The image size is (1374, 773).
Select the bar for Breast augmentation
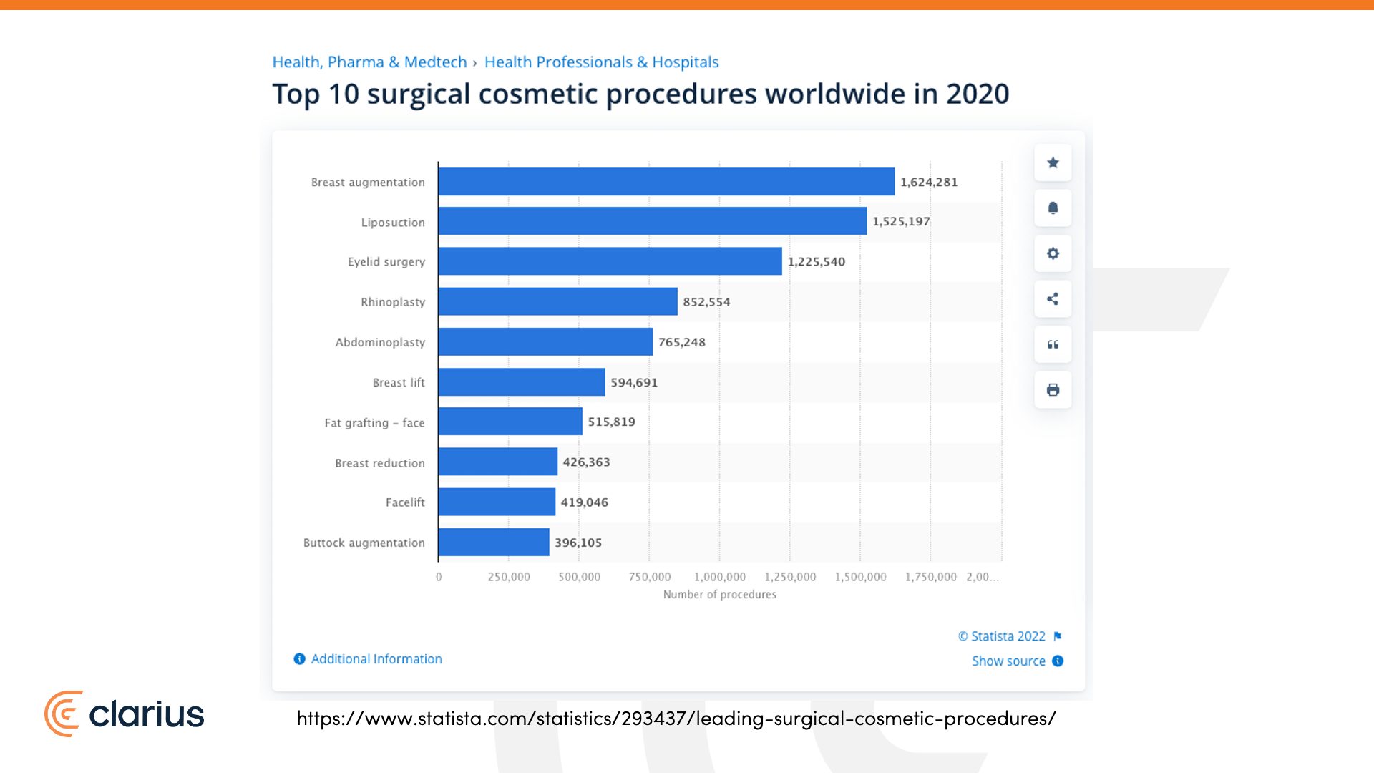tap(666, 182)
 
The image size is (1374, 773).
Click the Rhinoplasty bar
tap(557, 301)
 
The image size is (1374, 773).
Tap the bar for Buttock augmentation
tap(494, 543)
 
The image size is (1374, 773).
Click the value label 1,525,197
tap(901, 221)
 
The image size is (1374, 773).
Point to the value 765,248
tap(681, 342)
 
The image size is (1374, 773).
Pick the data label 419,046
tap(584, 502)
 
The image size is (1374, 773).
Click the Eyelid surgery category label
tap(386, 262)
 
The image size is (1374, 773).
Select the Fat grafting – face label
tap(374, 423)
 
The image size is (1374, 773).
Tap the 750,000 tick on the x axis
tap(649, 577)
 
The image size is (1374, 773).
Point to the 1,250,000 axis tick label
tap(789, 577)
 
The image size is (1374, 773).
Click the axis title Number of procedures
tap(719, 595)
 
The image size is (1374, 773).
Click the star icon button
tap(1053, 162)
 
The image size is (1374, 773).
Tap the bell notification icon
tap(1053, 208)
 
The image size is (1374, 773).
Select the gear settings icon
tap(1053, 253)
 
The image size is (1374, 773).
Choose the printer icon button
tap(1053, 390)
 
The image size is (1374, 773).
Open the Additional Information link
tap(376, 659)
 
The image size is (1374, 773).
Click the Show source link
tap(1008, 661)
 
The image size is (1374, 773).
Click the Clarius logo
tap(125, 714)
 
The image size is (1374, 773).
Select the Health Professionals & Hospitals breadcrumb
tap(601, 62)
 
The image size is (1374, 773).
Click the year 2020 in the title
tap(977, 94)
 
